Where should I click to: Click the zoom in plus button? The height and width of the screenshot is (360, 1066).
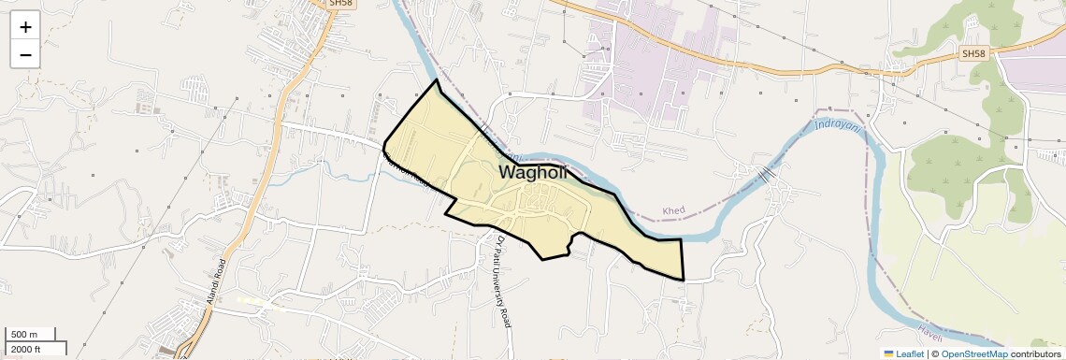pos(25,27)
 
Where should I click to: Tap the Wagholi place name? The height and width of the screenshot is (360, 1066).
pos(533,172)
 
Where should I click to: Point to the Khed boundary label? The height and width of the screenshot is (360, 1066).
pos(673,210)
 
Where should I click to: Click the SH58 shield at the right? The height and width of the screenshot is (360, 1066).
pos(973,54)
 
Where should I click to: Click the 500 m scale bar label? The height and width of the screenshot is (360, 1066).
pos(24,335)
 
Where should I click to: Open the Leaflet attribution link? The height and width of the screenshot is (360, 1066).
pos(910,353)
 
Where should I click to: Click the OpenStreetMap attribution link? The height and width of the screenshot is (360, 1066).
pos(974,353)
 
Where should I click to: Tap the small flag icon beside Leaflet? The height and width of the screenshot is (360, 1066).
pos(889,353)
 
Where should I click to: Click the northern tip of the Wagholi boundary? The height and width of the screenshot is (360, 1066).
pos(436,80)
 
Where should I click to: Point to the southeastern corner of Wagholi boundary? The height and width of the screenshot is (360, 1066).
pos(684,279)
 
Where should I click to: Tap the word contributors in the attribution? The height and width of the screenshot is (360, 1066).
pos(1034,353)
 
